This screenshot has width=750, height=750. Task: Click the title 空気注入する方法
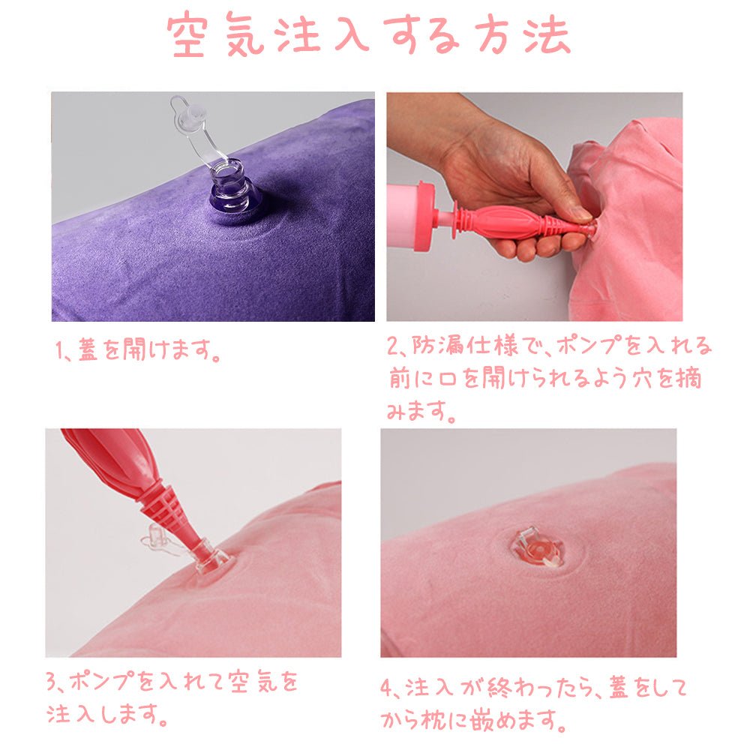click(x=368, y=34)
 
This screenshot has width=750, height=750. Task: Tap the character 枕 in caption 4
click(x=433, y=719)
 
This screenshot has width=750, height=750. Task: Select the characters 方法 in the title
click(x=522, y=34)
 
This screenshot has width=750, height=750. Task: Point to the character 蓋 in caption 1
click(x=88, y=349)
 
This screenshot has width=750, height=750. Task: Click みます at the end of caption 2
click(x=420, y=411)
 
